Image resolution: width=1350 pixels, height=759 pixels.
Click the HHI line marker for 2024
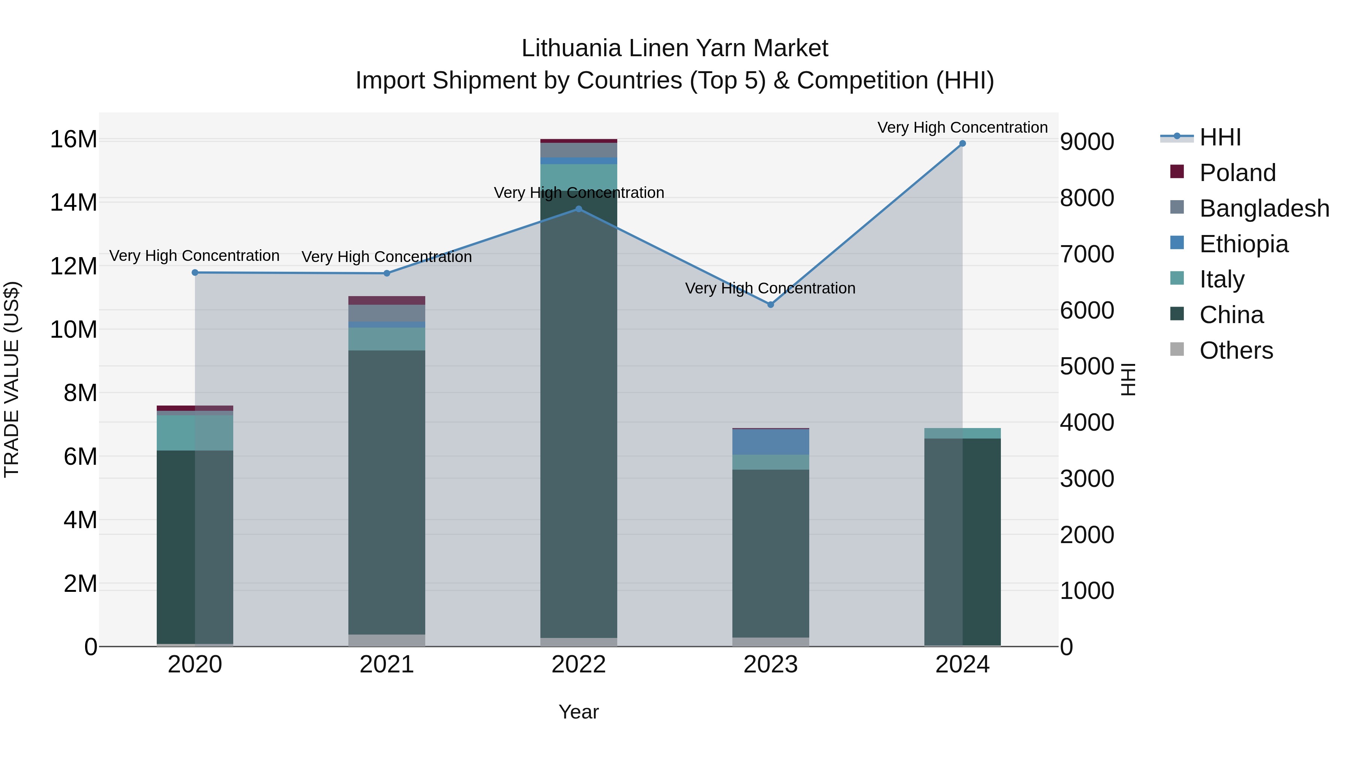(x=962, y=144)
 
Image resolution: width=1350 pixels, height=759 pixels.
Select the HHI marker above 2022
(x=579, y=209)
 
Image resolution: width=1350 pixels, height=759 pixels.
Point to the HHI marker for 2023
(x=770, y=305)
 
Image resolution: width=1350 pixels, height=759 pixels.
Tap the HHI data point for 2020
(x=195, y=272)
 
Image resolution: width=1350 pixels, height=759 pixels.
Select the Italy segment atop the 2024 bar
(x=962, y=433)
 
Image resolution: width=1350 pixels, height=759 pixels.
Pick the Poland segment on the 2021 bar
(x=387, y=300)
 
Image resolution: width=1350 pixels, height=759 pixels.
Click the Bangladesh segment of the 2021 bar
(x=387, y=313)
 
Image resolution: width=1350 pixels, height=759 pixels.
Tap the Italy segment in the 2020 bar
(x=195, y=433)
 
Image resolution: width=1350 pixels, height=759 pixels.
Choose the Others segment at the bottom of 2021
(x=387, y=640)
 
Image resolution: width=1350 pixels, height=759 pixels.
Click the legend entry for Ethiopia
(x=1243, y=244)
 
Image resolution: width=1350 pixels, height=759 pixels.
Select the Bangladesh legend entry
(x=1263, y=208)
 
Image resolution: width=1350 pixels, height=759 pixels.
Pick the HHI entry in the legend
(x=1220, y=137)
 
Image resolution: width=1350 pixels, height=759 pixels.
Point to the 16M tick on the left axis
(x=73, y=139)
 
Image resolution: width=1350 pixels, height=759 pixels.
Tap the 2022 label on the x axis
(x=579, y=665)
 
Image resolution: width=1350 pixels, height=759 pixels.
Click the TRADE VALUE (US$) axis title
(x=12, y=379)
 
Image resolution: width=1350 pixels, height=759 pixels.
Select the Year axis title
(x=579, y=712)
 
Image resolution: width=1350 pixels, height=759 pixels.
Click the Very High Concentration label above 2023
(x=770, y=288)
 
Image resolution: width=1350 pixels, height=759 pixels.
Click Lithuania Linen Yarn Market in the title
(x=675, y=48)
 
